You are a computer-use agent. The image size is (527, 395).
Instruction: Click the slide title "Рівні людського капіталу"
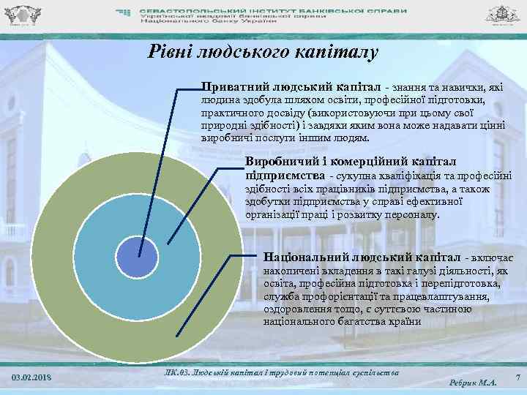coord(263,51)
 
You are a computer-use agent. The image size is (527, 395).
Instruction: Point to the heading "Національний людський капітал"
coord(361,258)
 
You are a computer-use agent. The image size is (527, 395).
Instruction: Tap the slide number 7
coord(517,377)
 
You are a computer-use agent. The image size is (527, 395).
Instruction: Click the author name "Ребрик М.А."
coord(471,382)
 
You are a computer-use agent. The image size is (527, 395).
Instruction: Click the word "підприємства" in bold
coord(285,176)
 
